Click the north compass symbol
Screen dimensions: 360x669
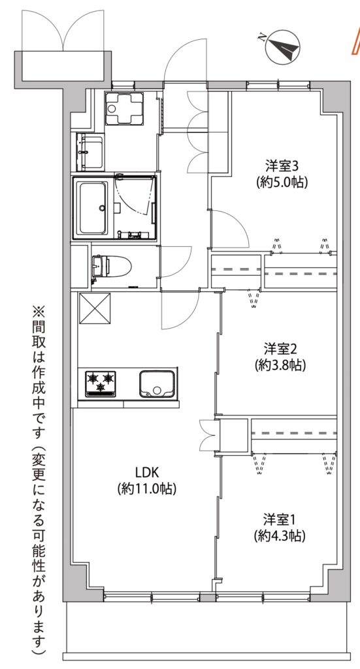(283, 47)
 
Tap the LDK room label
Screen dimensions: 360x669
(147, 472)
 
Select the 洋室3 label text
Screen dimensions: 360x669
(282, 165)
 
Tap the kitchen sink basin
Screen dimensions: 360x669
(157, 383)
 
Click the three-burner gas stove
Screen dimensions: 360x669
(101, 383)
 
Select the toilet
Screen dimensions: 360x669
(110, 267)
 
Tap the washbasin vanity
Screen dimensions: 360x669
(90, 151)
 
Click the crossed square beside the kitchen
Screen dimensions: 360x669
(94, 309)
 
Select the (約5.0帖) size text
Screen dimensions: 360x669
(282, 182)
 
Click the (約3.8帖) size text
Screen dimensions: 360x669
(280, 366)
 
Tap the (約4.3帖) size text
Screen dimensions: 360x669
(280, 536)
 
